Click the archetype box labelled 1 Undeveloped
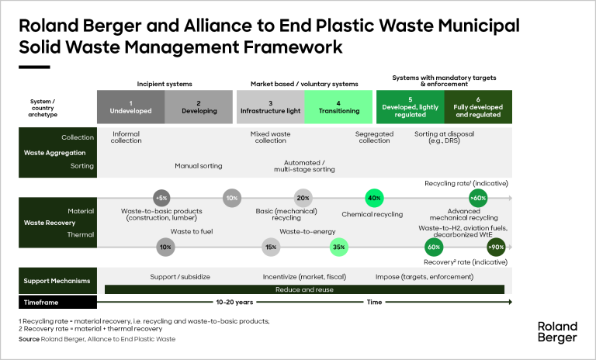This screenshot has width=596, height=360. tap(130, 106)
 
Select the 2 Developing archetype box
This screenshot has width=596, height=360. tap(198, 106)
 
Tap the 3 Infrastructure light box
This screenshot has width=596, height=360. tap(270, 106)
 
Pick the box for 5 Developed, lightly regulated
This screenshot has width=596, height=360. tap(410, 106)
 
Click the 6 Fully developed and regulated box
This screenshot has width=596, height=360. tap(478, 106)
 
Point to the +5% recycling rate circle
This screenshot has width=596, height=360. tap(161, 197)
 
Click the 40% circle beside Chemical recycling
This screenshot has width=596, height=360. tap(374, 198)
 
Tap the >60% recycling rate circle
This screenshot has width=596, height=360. tap(478, 198)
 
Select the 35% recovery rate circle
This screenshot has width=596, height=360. tap(338, 247)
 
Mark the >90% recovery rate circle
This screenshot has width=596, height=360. tap(495, 247)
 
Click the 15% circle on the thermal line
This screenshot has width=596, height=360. tap(272, 247)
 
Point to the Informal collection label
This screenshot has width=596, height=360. tap(126, 137)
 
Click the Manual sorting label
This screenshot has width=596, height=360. tap(198, 165)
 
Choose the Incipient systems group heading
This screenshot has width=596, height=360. tap(165, 82)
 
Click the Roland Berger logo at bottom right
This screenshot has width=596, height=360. tap(556, 331)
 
